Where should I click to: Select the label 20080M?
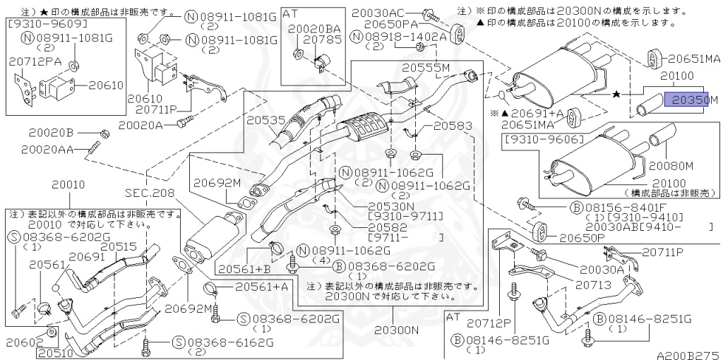tap(671, 166)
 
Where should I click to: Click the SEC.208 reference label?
tap(149, 192)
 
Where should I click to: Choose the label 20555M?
tap(426, 68)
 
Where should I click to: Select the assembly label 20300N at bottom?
tap(397, 330)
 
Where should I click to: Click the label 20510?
tap(57, 352)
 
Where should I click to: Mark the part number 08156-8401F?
tap(612, 207)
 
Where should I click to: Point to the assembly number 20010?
tap(68, 184)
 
